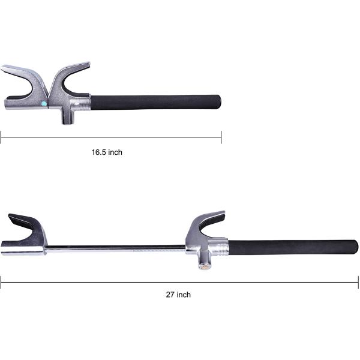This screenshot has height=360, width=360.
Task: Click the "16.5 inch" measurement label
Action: [107, 152]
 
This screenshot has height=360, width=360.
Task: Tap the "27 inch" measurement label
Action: [178, 295]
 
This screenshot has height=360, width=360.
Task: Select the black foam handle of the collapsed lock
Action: [156, 103]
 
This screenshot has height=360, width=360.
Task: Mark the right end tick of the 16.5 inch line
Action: [221, 137]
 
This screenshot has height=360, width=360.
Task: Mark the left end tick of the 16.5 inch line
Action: [1, 137]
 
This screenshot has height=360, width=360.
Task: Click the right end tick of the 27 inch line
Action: [358, 281]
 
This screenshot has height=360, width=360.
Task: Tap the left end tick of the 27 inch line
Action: [1, 281]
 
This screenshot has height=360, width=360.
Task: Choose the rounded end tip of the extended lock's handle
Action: [355, 246]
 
